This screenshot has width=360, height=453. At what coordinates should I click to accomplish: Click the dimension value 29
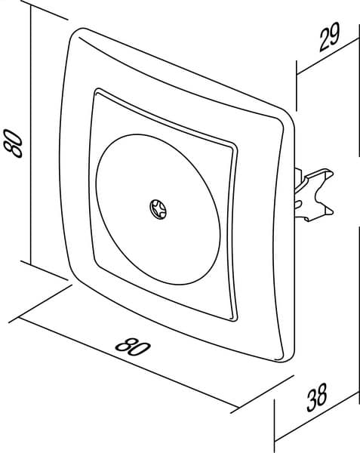tap(330, 37)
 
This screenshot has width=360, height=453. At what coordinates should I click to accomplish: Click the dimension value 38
tap(317, 397)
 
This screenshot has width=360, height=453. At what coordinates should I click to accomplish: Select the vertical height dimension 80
tap(13, 143)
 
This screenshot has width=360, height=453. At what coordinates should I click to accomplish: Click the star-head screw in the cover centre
tap(158, 209)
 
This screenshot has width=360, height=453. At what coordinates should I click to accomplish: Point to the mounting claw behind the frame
tap(313, 193)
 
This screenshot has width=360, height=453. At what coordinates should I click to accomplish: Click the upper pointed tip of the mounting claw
tap(333, 174)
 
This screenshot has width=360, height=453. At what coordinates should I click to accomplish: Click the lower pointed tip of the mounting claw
tap(333, 212)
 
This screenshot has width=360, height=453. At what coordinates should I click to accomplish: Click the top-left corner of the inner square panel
tap(97, 91)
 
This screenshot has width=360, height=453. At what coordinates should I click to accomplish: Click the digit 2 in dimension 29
tap(325, 41)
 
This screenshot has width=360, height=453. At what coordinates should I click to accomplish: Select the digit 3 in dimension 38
tap(312, 401)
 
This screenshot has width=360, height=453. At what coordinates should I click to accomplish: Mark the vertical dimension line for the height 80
tap(31, 135)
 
